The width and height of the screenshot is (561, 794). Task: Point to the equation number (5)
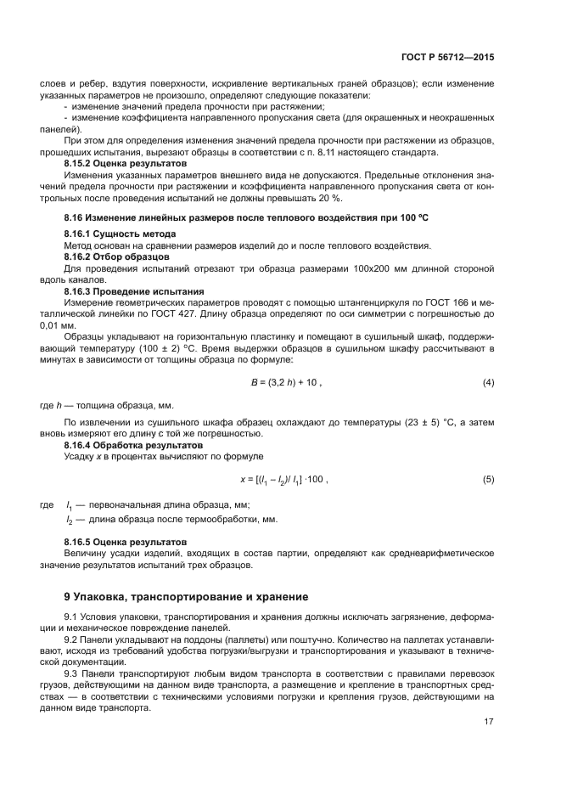pos(488,479)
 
